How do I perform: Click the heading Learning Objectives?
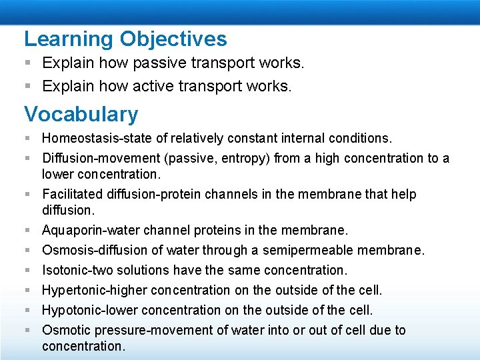point(125,39)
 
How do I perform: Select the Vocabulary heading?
point(81,114)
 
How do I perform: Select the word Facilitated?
point(70,195)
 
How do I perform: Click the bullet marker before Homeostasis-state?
point(28,139)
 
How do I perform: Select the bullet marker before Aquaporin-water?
point(28,231)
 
